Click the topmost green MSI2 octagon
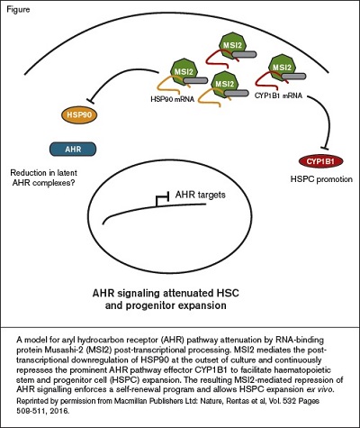click(x=225, y=43)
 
